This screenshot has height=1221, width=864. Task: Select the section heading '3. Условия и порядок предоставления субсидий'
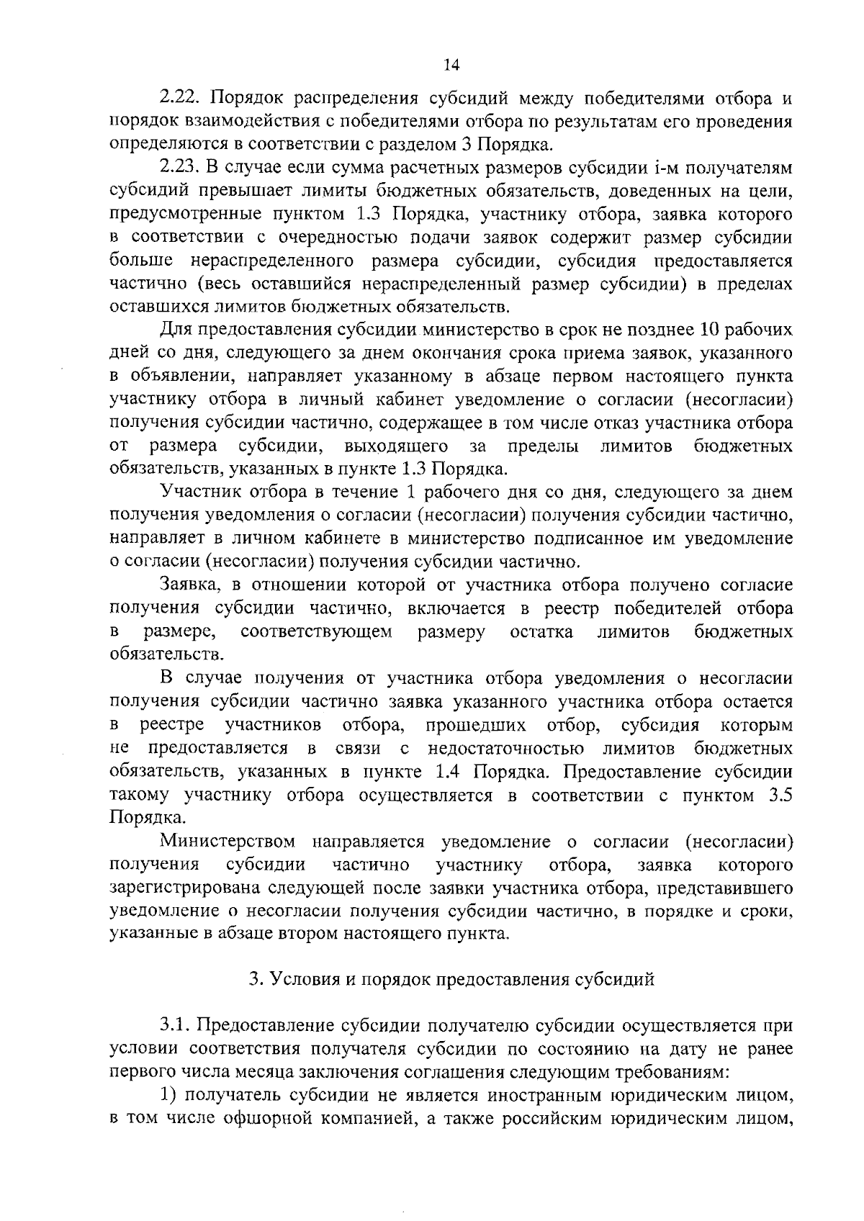451,979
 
